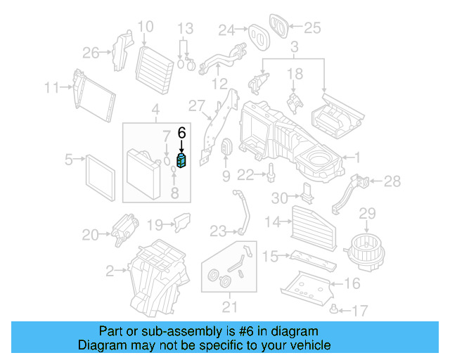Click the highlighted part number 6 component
tap(182, 162)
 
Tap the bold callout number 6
tap(182, 131)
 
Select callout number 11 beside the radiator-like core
tap(51, 88)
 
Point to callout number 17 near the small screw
tap(359, 309)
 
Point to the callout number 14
tap(272, 223)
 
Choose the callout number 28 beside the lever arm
tap(392, 182)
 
